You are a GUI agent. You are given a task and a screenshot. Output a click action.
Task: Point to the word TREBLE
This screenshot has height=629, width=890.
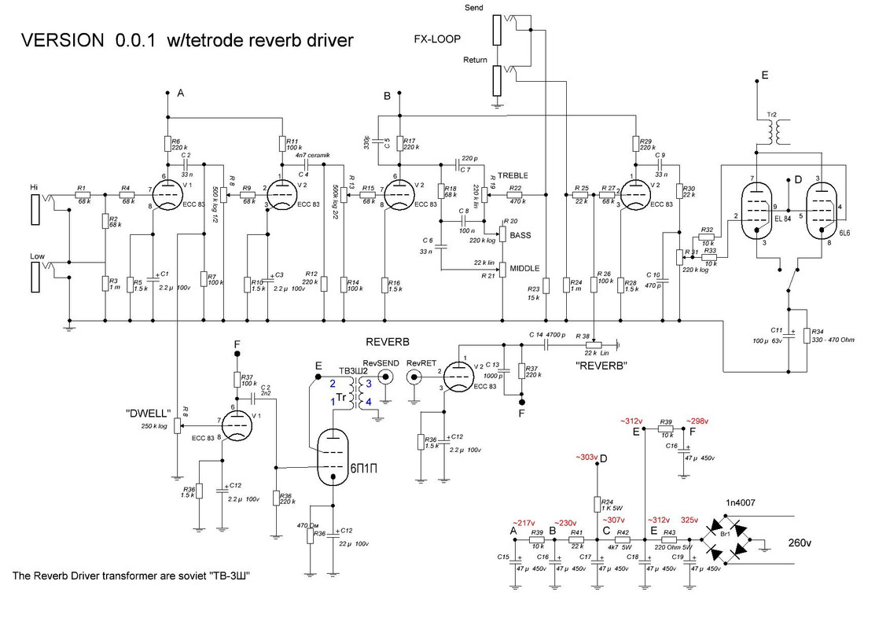[x=513, y=175]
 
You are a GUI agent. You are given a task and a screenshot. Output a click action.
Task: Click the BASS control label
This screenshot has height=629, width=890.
[x=520, y=235]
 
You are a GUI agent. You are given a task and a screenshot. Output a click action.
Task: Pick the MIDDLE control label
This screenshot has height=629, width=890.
[x=524, y=268]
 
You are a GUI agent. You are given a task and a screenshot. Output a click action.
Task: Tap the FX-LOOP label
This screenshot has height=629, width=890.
[x=437, y=39]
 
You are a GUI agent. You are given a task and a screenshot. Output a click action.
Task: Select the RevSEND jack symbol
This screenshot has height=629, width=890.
[x=385, y=377]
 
